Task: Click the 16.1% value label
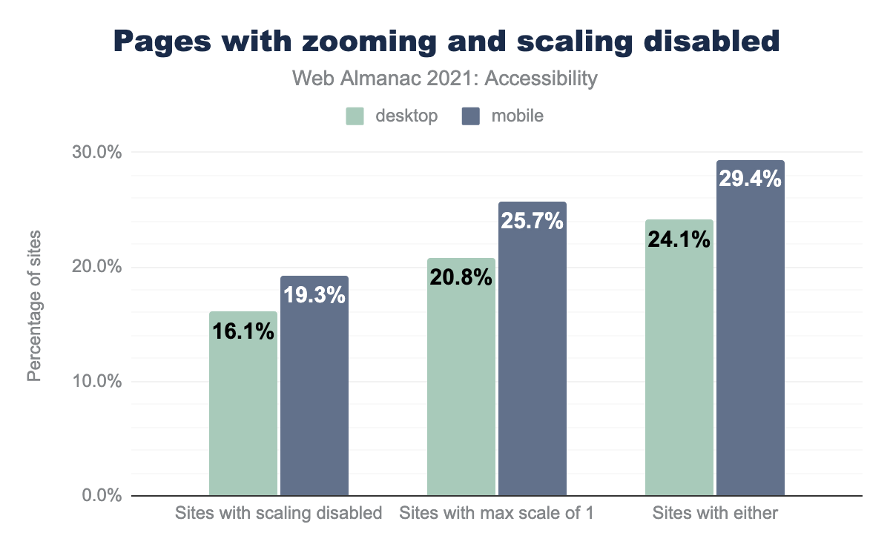click(x=243, y=331)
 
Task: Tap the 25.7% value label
click(x=533, y=221)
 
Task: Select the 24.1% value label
click(x=679, y=239)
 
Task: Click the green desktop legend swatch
click(x=355, y=116)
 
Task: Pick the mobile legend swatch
click(x=471, y=116)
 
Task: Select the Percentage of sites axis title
click(x=34, y=306)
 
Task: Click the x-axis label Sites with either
click(x=714, y=513)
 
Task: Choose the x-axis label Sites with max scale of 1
click(x=496, y=513)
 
